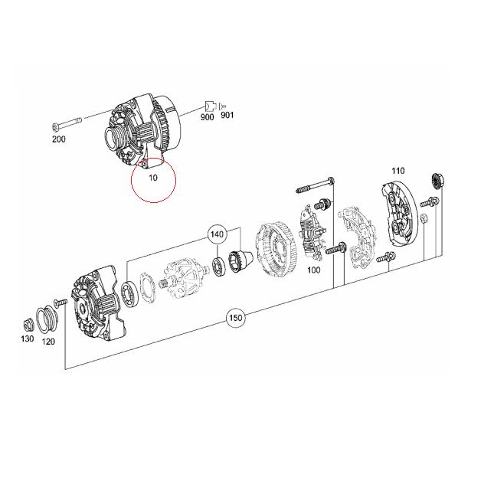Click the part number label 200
pyautogui.click(x=59, y=139)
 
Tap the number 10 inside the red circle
pyautogui.click(x=153, y=177)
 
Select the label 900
pyautogui.click(x=207, y=116)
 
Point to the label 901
pyautogui.click(x=227, y=116)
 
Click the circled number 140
pyautogui.click(x=217, y=234)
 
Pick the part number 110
pyautogui.click(x=398, y=170)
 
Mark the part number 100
pyautogui.click(x=313, y=270)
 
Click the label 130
pyautogui.click(x=28, y=338)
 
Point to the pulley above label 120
pyautogui.click(x=48, y=316)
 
